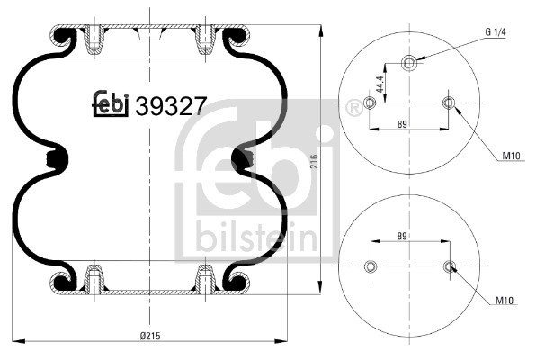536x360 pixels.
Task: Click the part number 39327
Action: tap(171, 106)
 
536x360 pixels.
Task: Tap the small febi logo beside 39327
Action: tap(112, 105)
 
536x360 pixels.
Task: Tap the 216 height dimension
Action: tap(314, 162)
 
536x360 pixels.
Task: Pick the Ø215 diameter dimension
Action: tap(150, 336)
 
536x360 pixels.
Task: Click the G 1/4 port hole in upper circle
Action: tap(409, 62)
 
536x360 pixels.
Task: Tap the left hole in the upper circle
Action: tap(369, 103)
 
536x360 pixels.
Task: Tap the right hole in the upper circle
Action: tap(449, 103)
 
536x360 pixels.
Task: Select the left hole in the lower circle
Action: tap(369, 265)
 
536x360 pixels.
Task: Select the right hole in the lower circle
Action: tap(449, 265)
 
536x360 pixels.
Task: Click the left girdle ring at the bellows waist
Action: tap(60, 160)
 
